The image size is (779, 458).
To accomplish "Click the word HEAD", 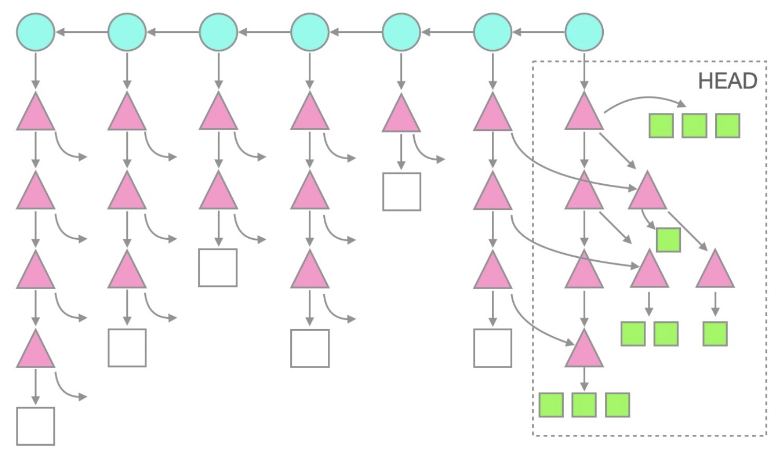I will coord(727,81).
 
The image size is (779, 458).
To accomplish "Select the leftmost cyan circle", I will coord(35,32).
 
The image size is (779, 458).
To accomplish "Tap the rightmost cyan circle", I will coord(584,32).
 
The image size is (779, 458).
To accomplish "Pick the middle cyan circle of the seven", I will coord(310,32).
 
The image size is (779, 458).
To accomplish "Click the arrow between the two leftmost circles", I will coord(81,32).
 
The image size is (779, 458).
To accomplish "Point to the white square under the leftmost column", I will coord(35,426).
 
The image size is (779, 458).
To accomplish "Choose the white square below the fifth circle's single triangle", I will coord(401,192).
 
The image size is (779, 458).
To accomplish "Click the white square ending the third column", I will coord(218,268).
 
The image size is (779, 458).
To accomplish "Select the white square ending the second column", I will coord(127,348).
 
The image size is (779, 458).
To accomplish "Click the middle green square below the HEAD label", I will coord(694,126).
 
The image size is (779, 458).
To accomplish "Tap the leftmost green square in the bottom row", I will coord(551,405).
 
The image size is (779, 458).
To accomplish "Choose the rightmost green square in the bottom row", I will coord(617,405).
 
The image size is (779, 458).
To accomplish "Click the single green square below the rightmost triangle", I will coord(715,334).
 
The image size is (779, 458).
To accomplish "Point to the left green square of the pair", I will coord(633,334).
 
